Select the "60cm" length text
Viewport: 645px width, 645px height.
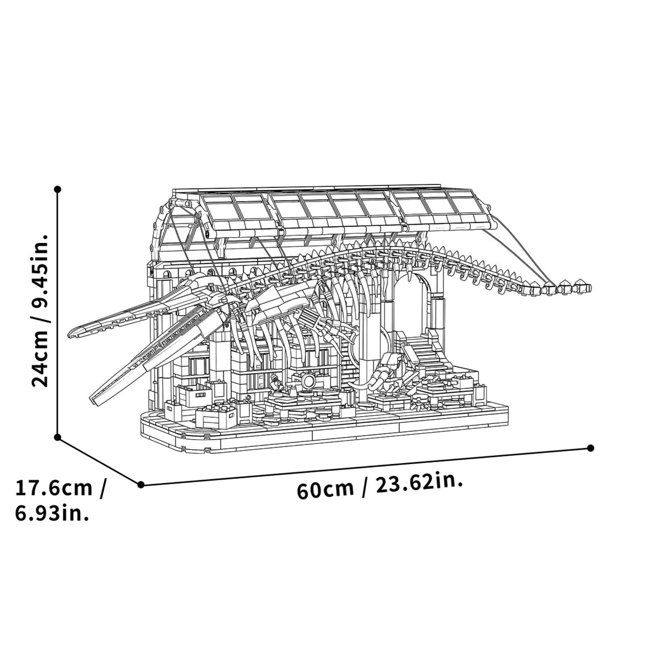325,489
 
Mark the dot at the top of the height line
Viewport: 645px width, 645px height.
58,189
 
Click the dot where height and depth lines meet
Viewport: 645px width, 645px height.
58,437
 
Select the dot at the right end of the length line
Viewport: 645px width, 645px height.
591,448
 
